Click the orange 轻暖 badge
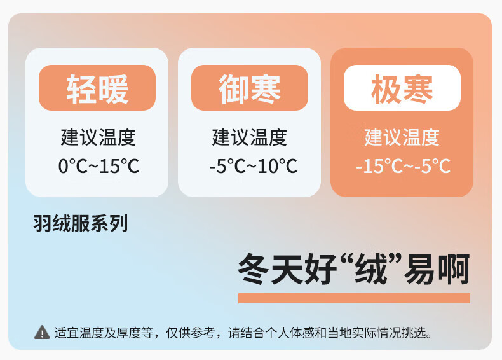97,88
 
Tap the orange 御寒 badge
250,88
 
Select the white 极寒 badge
402,88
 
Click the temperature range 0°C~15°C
98,166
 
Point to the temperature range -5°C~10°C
254,166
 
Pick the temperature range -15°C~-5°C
403,166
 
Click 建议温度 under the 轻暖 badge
98,137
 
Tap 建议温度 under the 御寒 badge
249,137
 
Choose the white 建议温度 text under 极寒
402,137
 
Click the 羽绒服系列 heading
81,223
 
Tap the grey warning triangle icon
42,333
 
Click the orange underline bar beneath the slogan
354,298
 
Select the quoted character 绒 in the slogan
371,268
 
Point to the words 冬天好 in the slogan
287,268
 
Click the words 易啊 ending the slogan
437,268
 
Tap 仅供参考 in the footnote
190,333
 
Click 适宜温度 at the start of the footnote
79,333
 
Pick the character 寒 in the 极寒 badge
417,88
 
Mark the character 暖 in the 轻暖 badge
113,88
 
